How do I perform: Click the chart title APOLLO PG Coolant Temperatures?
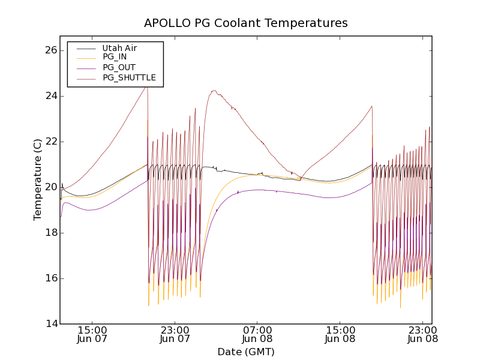[x=245, y=23]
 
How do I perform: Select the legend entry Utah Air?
[x=119, y=48]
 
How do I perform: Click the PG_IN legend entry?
[x=115, y=57]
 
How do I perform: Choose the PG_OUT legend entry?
[x=119, y=67]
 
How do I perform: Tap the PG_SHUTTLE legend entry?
[x=129, y=77]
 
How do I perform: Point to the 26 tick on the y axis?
[x=50, y=50]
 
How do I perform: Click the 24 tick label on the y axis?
[x=50, y=96]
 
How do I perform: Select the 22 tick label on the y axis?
[x=50, y=142]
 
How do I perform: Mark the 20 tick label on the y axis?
[x=50, y=187]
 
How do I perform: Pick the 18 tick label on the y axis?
[x=50, y=233]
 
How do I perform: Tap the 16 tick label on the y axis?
[x=50, y=278]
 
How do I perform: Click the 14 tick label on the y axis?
[x=50, y=324]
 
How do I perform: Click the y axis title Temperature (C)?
[x=38, y=179]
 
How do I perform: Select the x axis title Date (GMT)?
[x=245, y=352]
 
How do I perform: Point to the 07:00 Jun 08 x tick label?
[x=257, y=334]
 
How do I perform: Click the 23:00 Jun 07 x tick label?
[x=175, y=334]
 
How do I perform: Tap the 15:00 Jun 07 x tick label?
[x=92, y=334]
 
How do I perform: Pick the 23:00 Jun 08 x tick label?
[x=422, y=334]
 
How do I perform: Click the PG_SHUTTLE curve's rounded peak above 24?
[x=214, y=91]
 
